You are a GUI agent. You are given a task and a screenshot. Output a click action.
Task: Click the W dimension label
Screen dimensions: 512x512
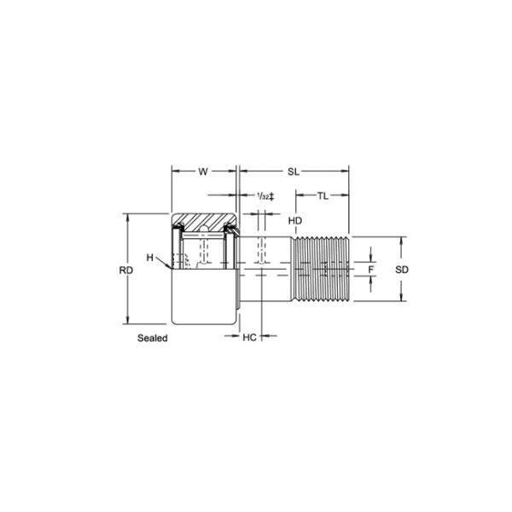203,172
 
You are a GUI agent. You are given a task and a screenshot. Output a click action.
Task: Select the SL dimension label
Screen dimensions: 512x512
294,172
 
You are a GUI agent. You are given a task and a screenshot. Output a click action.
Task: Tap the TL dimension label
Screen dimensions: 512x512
323,196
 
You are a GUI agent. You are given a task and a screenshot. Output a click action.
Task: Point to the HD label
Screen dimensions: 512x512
295,221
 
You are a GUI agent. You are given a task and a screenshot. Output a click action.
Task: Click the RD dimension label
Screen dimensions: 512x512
126,271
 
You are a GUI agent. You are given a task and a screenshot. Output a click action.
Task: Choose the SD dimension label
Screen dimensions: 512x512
402,270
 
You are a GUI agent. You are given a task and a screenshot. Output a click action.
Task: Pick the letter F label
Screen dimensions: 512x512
370,270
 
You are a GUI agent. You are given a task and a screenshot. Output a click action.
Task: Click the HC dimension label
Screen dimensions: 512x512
249,337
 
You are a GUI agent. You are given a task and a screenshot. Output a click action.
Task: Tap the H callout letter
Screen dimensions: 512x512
150,258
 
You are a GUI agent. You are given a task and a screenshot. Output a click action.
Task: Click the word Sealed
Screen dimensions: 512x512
153,338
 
